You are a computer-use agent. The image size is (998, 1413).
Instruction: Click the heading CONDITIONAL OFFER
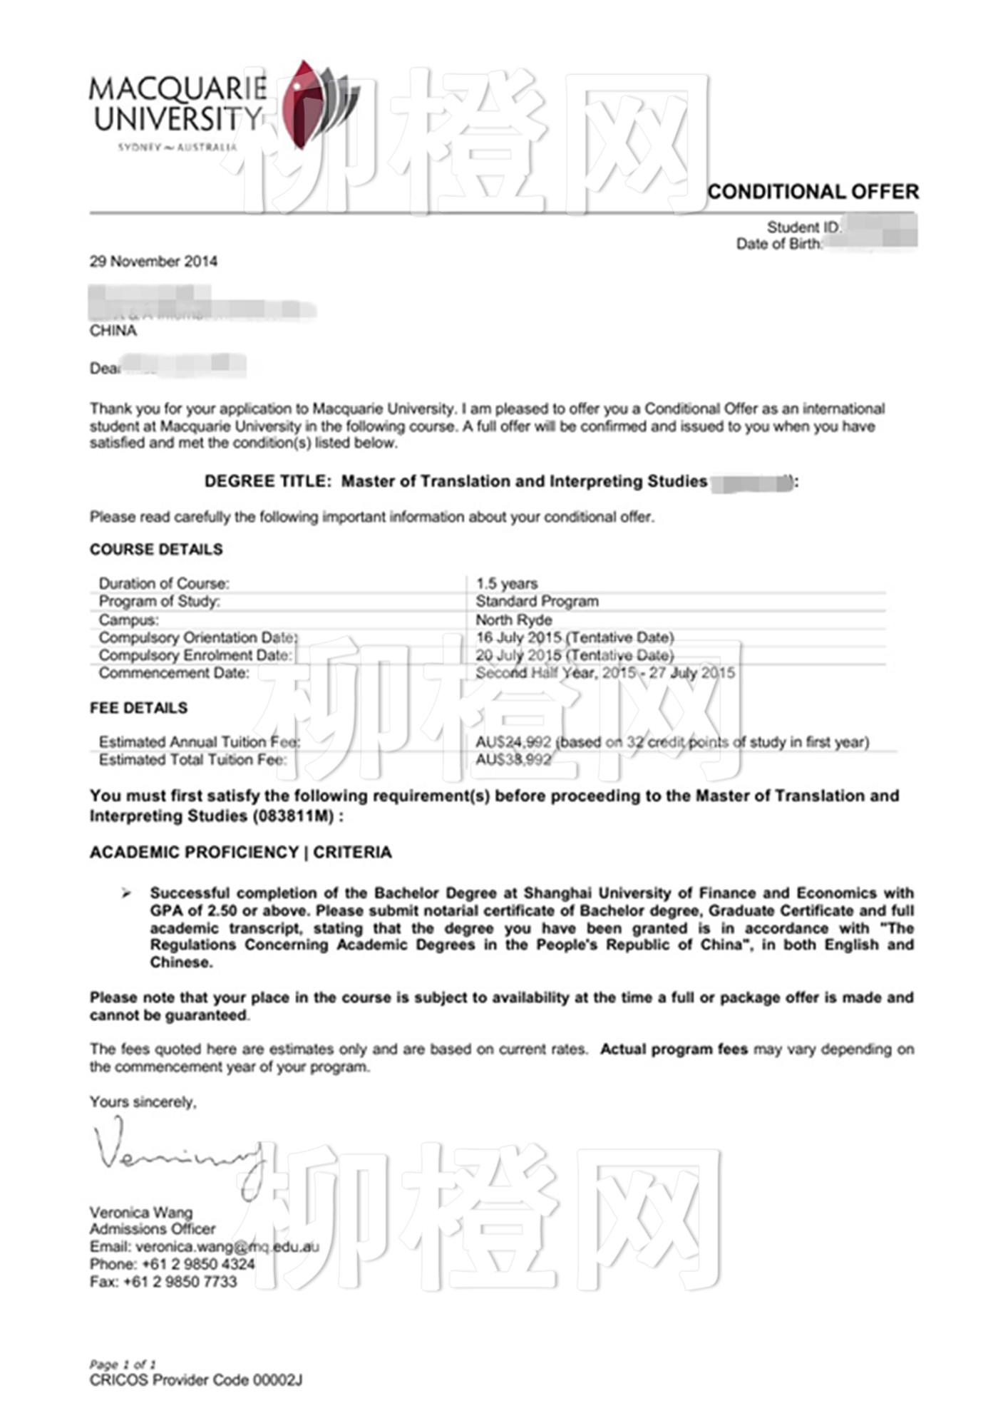pos(813,192)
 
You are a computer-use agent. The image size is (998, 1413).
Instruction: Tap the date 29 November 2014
pos(153,262)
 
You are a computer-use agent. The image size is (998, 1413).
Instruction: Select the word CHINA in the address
pos(113,331)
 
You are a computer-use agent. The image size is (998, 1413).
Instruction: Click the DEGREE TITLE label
pos(268,482)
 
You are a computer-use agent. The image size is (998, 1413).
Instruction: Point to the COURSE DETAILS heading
pos(156,550)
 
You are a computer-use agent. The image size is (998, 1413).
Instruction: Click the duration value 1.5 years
pos(507,584)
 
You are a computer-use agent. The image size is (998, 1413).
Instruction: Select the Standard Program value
pos(537,602)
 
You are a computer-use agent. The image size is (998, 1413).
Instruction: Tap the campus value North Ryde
pos(513,620)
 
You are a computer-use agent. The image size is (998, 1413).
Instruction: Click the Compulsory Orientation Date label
pos(198,638)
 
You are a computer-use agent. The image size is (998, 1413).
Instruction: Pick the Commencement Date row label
pos(174,674)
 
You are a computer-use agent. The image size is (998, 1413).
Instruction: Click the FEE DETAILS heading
pos(139,709)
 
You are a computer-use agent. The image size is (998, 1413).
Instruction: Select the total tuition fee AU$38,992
pos(513,760)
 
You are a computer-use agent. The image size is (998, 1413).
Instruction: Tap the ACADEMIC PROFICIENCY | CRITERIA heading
pos(241,853)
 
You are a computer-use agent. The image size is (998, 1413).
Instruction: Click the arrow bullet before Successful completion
pos(126,893)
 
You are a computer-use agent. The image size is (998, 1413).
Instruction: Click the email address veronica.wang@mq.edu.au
pos(227,1247)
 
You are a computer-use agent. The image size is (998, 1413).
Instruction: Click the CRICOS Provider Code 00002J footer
pos(196,1380)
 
